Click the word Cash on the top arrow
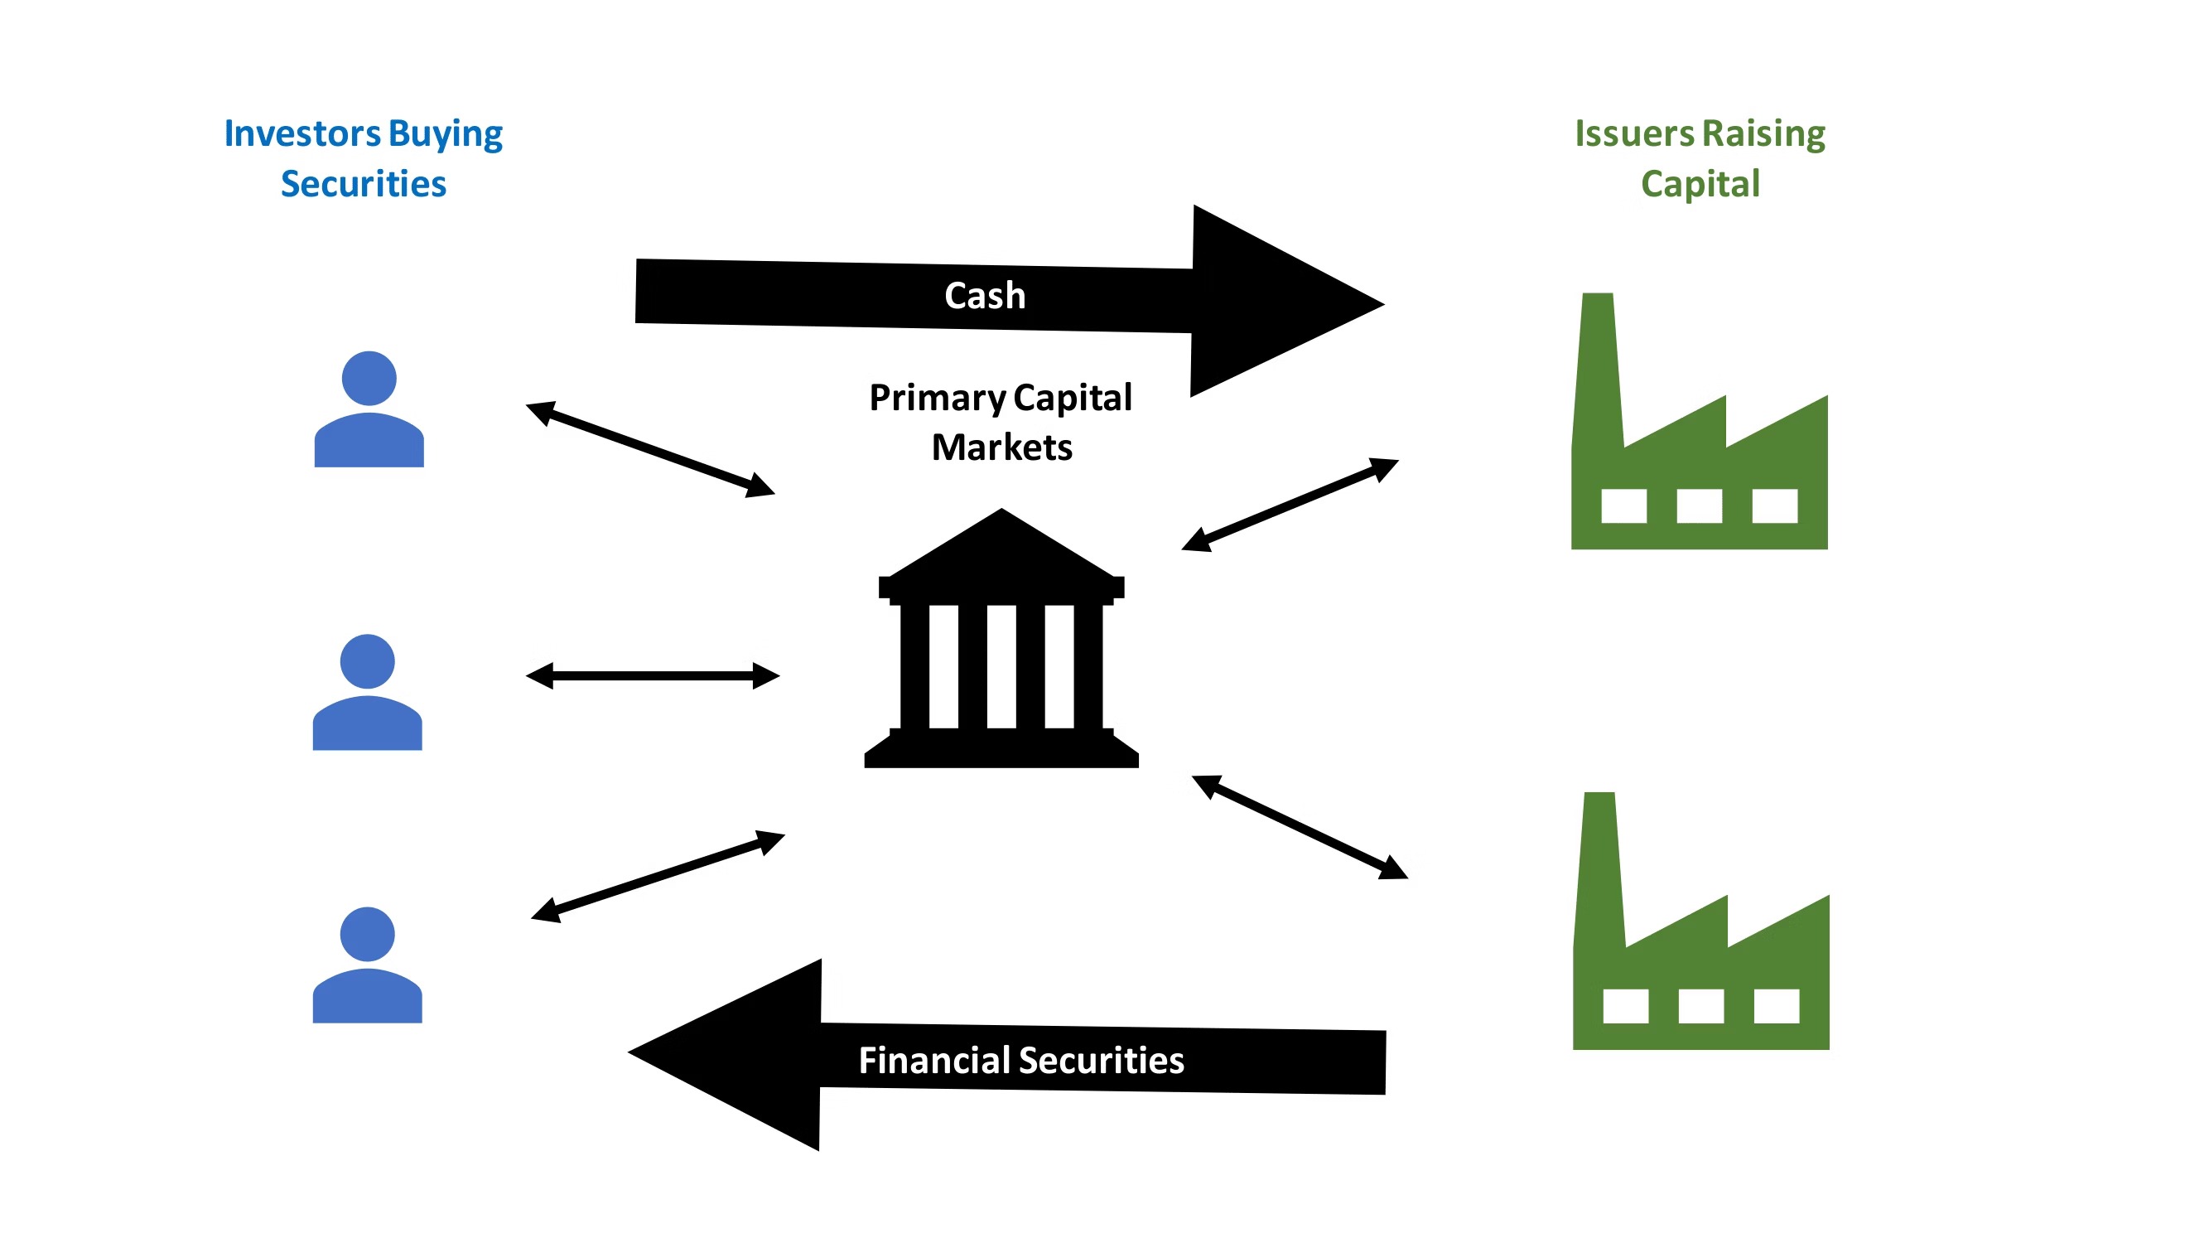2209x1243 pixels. (985, 296)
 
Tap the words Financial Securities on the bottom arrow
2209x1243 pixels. (1020, 1061)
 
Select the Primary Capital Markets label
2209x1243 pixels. (1001, 422)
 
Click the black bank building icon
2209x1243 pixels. (1001, 652)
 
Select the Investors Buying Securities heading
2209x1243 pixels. (363, 159)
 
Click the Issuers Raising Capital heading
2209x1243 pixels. (1700, 159)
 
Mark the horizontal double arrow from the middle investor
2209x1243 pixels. (653, 676)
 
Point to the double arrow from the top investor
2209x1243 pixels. (650, 448)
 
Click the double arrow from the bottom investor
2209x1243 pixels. (658, 877)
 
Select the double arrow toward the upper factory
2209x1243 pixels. (1290, 505)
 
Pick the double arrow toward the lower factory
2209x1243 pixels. (1300, 827)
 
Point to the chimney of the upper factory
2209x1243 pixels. (1599, 360)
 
